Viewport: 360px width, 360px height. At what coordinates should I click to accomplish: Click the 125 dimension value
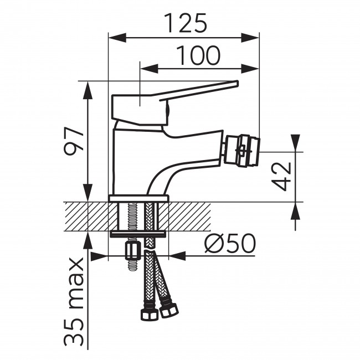(186, 23)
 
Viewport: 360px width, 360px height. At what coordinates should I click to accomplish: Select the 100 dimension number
(198, 55)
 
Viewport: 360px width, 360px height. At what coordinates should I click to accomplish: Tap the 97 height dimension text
(74, 141)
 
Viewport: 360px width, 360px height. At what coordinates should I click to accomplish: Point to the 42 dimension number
(281, 176)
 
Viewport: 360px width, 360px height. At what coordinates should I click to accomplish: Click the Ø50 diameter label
(230, 243)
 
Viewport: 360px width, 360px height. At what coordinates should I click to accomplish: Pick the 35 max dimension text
(74, 302)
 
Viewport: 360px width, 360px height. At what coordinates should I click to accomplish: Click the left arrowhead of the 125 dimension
(117, 38)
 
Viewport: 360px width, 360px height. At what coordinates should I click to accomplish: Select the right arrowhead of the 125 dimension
(250, 38)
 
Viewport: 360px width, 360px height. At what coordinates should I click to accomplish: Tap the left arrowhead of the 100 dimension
(149, 69)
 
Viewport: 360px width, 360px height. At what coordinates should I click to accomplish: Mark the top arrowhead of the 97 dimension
(88, 90)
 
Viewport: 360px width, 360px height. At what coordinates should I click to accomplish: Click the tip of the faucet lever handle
(238, 83)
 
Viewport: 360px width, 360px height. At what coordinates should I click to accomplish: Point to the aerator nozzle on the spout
(242, 151)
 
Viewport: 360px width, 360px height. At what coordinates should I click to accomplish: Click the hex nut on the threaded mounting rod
(133, 251)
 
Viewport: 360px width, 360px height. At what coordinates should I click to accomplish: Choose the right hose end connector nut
(169, 310)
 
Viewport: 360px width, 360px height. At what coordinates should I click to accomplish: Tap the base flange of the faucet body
(138, 198)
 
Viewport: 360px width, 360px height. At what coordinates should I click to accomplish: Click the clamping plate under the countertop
(138, 234)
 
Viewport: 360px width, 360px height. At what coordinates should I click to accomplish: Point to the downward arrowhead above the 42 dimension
(295, 143)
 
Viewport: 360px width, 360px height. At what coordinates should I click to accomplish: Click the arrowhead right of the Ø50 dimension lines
(177, 256)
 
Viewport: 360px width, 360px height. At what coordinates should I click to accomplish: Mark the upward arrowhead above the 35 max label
(88, 240)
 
